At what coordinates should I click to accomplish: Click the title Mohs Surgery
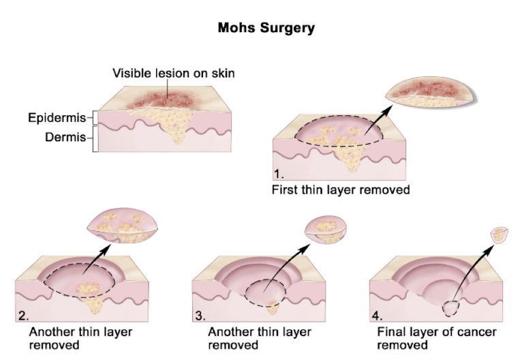click(x=266, y=28)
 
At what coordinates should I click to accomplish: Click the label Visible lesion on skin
click(x=174, y=73)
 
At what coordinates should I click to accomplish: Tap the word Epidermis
click(x=57, y=118)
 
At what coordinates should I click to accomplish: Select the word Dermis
click(x=65, y=137)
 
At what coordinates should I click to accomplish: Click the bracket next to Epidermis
click(x=95, y=117)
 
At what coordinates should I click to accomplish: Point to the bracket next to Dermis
click(x=95, y=139)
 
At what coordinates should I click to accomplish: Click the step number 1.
click(x=278, y=174)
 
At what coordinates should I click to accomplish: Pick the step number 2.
click(x=23, y=316)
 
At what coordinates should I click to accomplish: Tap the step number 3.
click(x=200, y=316)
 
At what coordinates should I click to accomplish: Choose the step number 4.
click(x=378, y=316)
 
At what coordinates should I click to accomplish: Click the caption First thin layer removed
click(x=341, y=190)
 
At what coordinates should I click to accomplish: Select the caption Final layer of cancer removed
click(x=436, y=338)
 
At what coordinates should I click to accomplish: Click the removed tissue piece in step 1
click(x=431, y=92)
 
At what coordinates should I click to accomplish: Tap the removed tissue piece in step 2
click(x=123, y=226)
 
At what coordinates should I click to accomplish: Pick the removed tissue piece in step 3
click(x=326, y=229)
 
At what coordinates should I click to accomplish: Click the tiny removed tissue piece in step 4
click(x=499, y=234)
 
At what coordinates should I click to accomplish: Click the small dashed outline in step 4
click(x=451, y=308)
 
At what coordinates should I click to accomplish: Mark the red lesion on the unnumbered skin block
click(x=161, y=98)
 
